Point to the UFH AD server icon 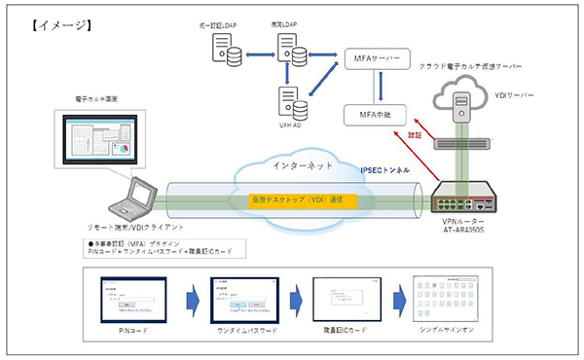289,100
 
